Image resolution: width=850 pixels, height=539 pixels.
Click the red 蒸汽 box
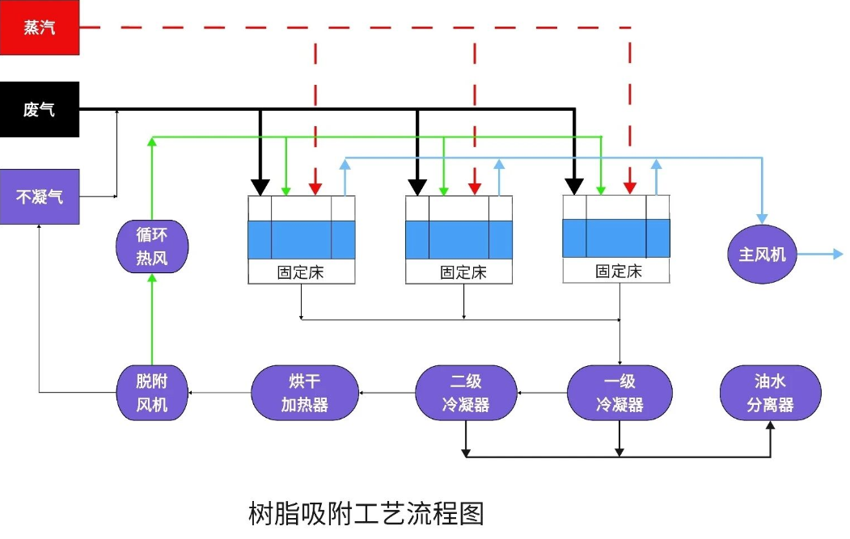pyautogui.click(x=40, y=27)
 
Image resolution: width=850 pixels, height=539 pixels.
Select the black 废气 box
pyautogui.click(x=40, y=109)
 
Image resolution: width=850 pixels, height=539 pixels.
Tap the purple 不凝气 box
pyautogui.click(x=40, y=196)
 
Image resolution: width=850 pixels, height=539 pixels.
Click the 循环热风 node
pyautogui.click(x=151, y=246)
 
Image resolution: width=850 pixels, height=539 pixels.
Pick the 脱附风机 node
pyautogui.click(x=151, y=393)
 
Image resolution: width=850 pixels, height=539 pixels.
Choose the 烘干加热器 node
pyautogui.click(x=304, y=393)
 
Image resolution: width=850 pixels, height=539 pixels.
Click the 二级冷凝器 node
pyautogui.click(x=466, y=393)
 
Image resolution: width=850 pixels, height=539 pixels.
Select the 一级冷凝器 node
pyautogui.click(x=620, y=393)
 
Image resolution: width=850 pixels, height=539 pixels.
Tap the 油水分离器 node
pyautogui.click(x=770, y=393)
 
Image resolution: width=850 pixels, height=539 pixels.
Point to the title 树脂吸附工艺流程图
pyautogui.click(x=366, y=513)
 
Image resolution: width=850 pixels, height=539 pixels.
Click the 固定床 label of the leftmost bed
pyautogui.click(x=302, y=272)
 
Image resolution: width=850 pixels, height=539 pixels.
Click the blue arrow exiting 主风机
pyautogui.click(x=819, y=255)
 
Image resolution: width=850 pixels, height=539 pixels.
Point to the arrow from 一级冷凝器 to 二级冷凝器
pyautogui.click(x=542, y=394)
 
